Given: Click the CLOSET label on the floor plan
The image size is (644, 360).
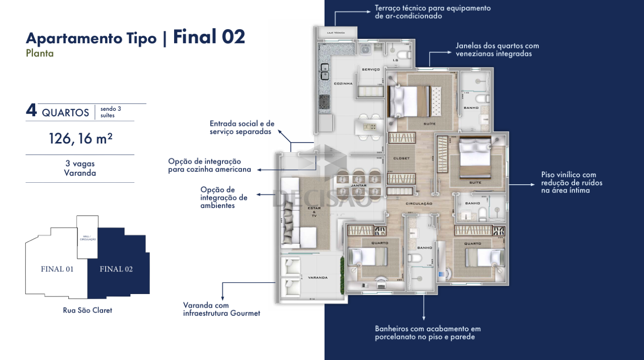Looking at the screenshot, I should (401, 158).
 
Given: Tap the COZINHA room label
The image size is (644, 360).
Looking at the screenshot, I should (343, 84).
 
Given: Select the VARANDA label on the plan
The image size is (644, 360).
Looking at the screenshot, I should (318, 277).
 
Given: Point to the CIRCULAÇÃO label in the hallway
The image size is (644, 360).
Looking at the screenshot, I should (419, 203).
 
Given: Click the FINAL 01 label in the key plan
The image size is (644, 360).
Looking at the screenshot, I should (57, 269).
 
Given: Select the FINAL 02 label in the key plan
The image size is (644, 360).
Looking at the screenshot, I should (116, 269).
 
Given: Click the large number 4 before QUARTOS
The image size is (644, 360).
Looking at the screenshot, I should (31, 111).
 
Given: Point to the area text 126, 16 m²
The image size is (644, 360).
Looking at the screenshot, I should (80, 138).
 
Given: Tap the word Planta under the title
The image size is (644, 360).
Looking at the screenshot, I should (40, 53).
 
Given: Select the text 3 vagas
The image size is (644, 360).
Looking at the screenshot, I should (80, 164).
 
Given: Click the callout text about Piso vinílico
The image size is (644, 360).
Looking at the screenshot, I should (572, 182).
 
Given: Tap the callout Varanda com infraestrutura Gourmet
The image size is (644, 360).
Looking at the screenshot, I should (221, 309).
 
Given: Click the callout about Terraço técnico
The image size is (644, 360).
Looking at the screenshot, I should (432, 12).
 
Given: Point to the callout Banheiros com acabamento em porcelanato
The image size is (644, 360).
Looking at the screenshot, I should (428, 332).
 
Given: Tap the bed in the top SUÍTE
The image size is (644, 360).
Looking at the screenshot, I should (411, 100).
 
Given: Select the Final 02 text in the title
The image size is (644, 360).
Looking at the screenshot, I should (209, 37).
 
